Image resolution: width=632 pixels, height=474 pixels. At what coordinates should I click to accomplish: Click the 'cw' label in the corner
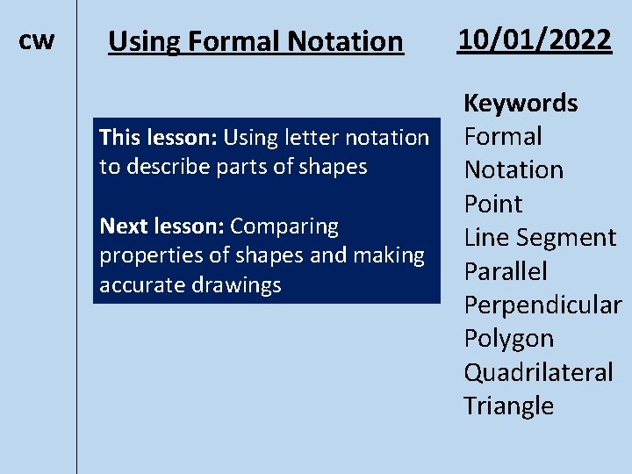tap(36, 40)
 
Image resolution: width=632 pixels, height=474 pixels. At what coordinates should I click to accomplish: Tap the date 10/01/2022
tap(534, 39)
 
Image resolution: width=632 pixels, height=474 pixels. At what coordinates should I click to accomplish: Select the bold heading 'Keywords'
tap(520, 103)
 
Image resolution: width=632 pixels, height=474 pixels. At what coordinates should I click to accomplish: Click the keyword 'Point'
tap(492, 204)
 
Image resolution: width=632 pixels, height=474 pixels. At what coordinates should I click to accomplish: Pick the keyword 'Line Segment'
tap(540, 238)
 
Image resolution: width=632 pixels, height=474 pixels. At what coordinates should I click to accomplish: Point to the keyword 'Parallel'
tap(505, 271)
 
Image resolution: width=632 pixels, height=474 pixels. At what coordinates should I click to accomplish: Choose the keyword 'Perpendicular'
tap(542, 305)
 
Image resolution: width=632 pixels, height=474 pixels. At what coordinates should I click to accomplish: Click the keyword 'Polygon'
tap(508, 339)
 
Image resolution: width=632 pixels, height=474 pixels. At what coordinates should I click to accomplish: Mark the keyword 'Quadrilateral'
tap(538, 372)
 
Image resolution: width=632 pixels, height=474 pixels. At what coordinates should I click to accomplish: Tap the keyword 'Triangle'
tap(508, 406)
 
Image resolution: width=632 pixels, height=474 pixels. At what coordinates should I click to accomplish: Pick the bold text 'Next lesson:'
tap(162, 226)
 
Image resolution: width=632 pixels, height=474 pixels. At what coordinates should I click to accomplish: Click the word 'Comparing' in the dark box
tap(284, 226)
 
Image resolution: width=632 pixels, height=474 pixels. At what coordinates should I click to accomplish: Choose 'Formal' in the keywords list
tap(502, 136)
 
